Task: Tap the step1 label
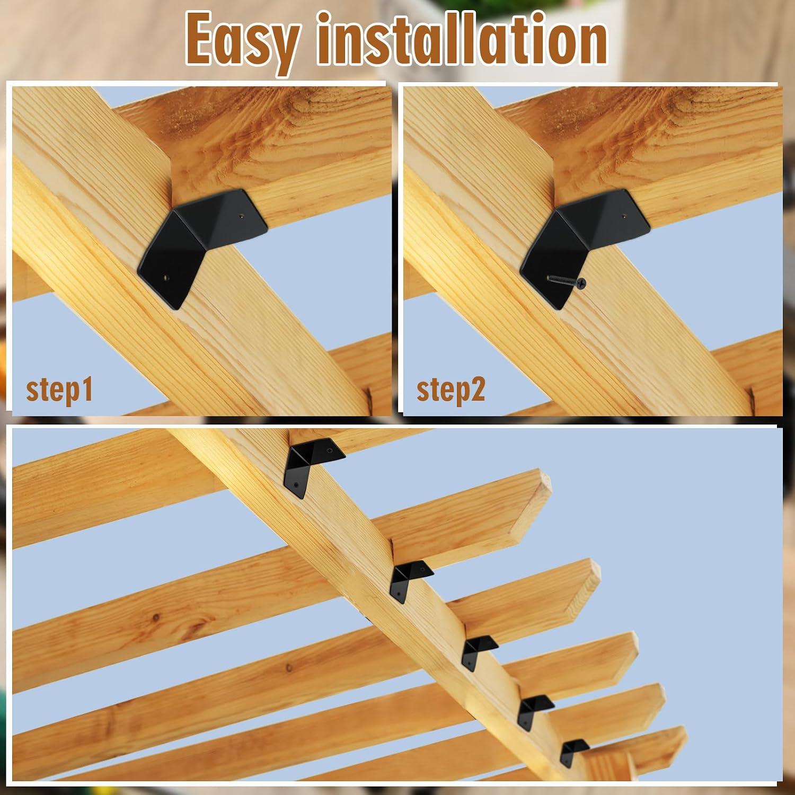(59, 390)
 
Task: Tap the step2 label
(450, 390)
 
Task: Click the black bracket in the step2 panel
(583, 245)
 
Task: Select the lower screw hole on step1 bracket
(167, 276)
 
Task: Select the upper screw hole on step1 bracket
(242, 216)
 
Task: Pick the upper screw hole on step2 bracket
(624, 216)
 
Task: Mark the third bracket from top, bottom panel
(477, 651)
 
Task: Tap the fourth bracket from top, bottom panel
(534, 710)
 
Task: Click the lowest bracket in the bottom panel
(573, 752)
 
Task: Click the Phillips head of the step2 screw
(581, 284)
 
